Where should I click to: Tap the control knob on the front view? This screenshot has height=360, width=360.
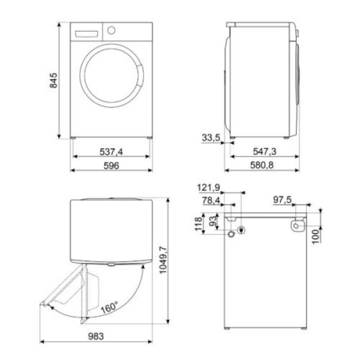pos(111,30)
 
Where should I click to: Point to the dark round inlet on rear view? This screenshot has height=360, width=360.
pos(241,230)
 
